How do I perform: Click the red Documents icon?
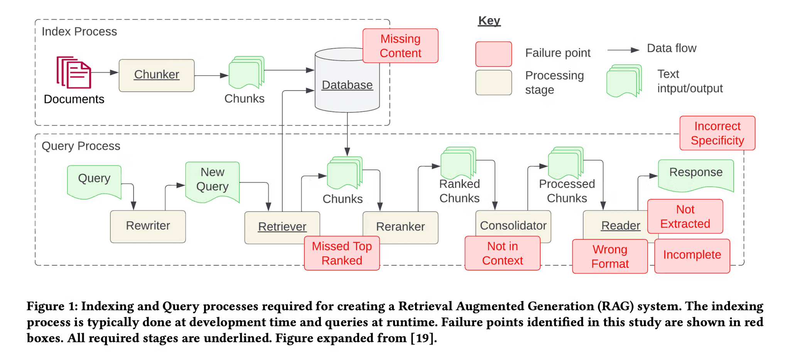pos(74,73)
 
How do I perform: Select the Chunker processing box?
pos(156,75)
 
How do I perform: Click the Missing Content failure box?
pos(400,46)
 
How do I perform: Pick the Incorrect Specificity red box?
pos(717,133)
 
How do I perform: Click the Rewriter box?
pos(148,226)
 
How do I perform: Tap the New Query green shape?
pos(212,180)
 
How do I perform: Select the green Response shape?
pos(695,174)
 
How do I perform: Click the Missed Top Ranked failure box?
pos(341,253)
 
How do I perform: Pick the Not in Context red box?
pos(502,253)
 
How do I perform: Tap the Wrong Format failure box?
pos(609,257)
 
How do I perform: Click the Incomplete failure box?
pos(692,255)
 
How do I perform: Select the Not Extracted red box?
pos(685,216)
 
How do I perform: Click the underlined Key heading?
pos(489,20)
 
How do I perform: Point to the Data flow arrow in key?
pos(623,50)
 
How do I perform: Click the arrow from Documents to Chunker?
pos(105,72)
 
